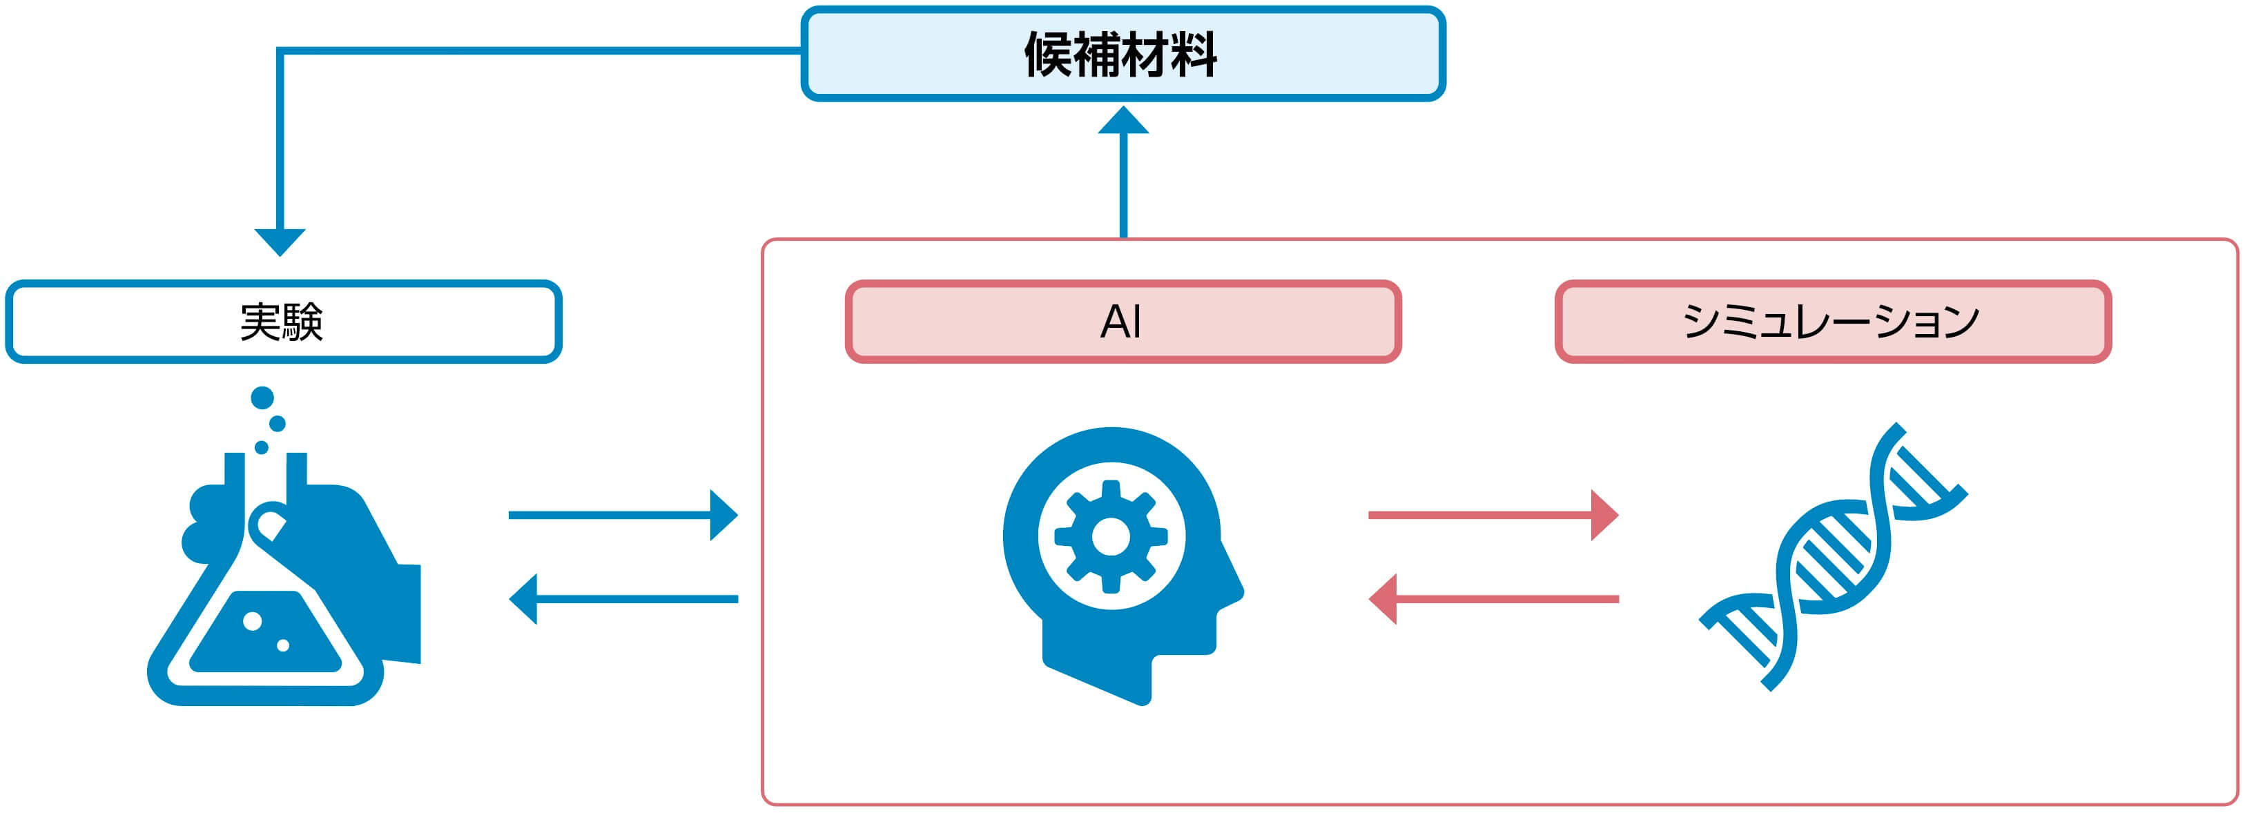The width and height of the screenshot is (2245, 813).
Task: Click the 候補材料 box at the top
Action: [1122, 54]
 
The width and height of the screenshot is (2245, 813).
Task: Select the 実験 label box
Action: [283, 322]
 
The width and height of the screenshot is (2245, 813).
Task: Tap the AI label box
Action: [1122, 322]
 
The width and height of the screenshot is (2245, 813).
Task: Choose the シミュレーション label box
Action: [1833, 322]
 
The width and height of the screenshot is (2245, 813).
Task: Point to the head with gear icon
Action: [1122, 567]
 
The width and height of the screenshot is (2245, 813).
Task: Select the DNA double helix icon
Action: [1833, 558]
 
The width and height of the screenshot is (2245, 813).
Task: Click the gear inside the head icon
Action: [1111, 537]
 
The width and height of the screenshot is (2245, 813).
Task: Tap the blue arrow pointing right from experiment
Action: [623, 515]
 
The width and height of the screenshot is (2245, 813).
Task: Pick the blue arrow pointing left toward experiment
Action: [623, 598]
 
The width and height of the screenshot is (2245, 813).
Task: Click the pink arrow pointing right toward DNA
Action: [1494, 515]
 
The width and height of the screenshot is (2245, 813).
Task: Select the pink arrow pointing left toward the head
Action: [1494, 598]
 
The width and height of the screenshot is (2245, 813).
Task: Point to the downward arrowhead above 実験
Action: [280, 242]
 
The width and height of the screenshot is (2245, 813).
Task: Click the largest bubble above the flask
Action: [262, 398]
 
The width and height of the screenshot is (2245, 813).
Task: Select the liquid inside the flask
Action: [265, 631]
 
